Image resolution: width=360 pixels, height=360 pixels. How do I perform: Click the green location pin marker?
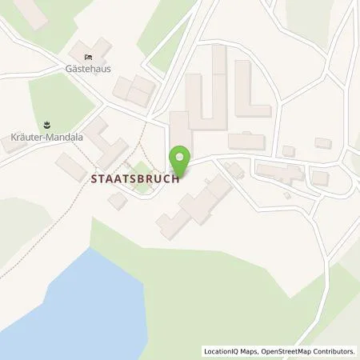pos(182,158)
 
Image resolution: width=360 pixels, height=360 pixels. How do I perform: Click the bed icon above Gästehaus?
pos(89,55)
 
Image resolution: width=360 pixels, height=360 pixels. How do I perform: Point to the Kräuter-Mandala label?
pos(46,137)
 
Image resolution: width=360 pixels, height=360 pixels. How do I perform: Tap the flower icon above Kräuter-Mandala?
pos(46,124)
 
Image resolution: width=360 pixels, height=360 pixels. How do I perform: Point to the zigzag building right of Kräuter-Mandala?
pos(106,142)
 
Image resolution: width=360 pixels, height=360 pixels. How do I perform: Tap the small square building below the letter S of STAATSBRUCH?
pos(118,201)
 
